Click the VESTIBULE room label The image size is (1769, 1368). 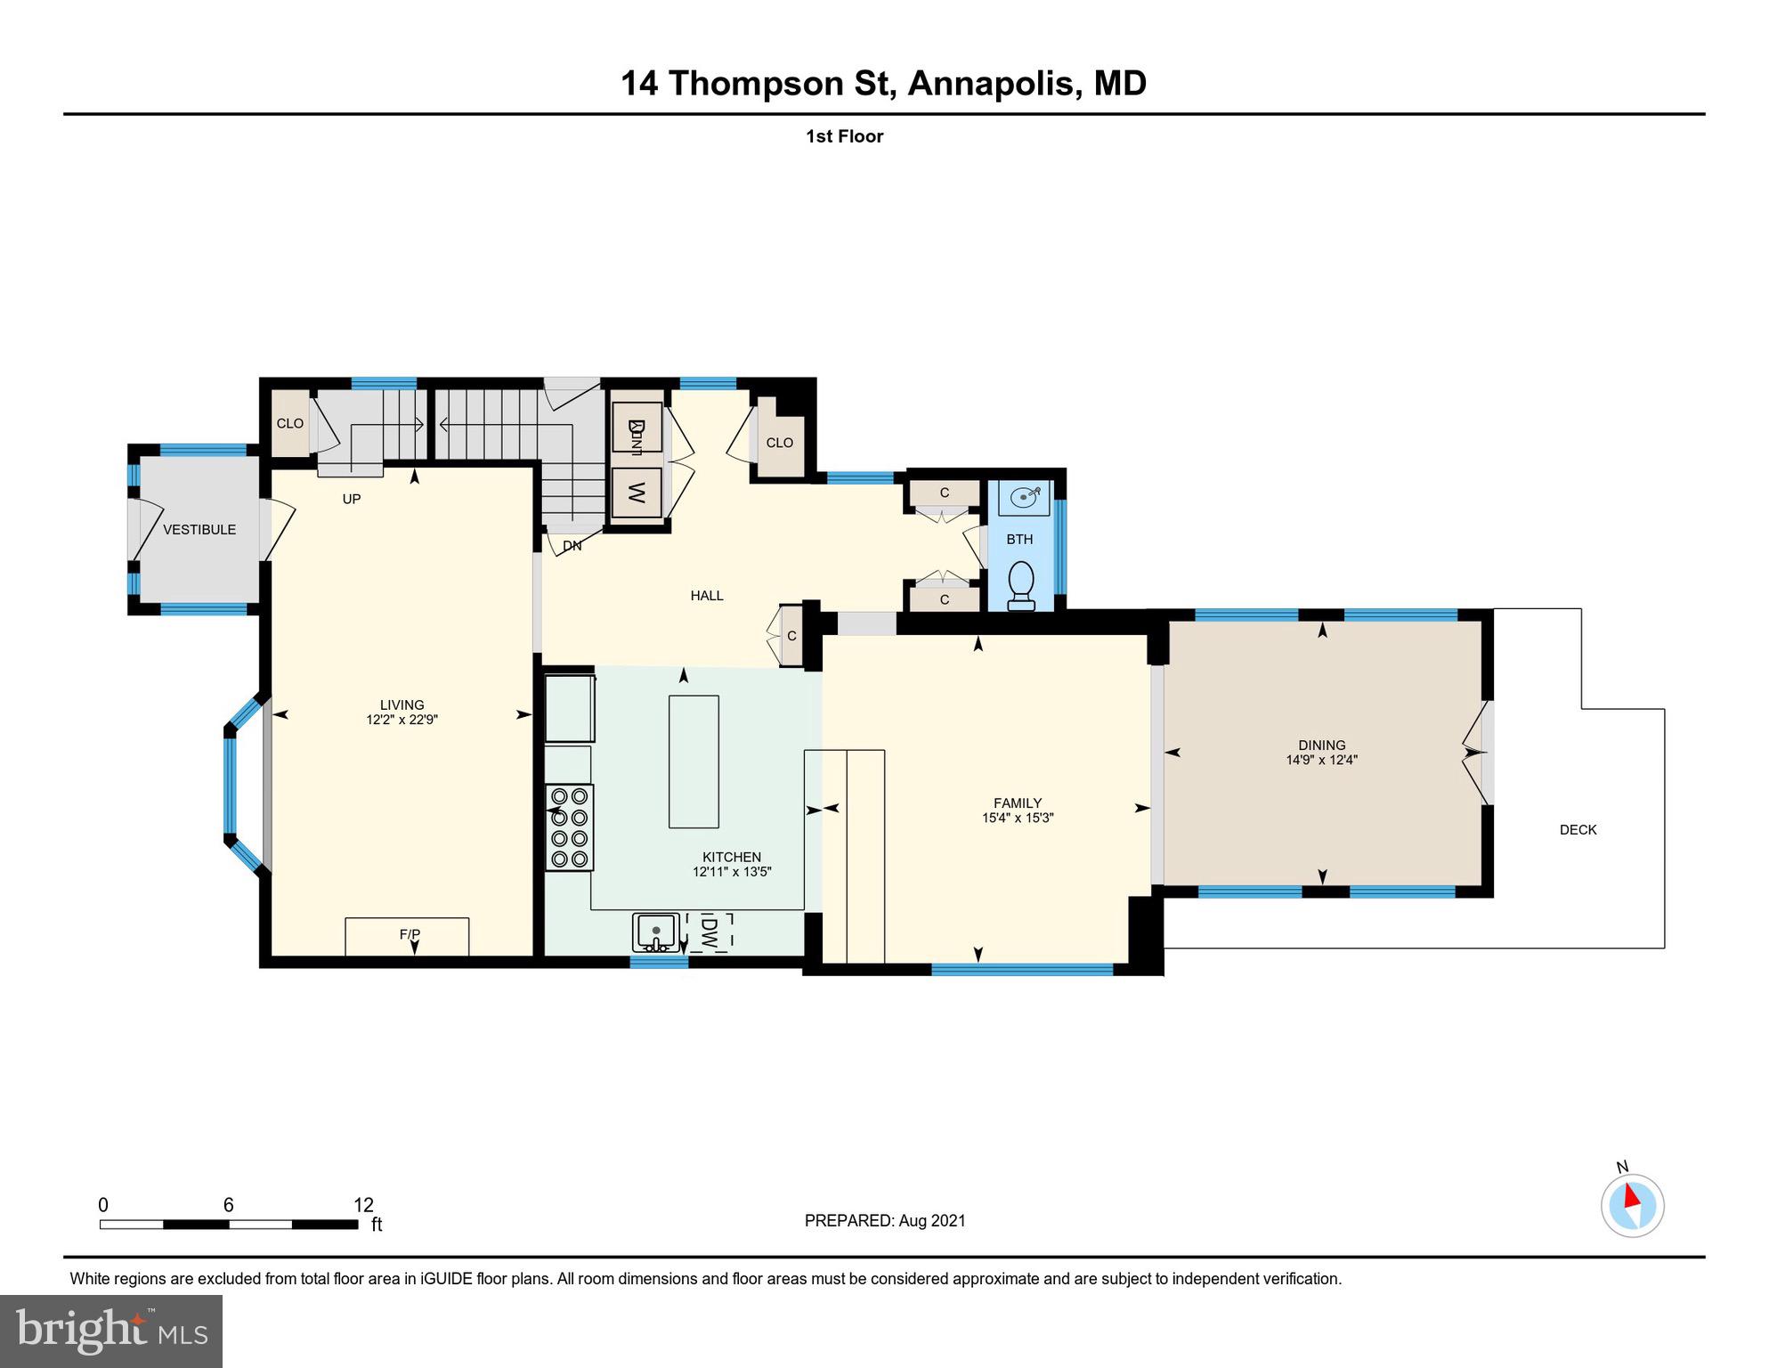[x=199, y=530]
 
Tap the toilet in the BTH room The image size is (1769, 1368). [x=1021, y=584]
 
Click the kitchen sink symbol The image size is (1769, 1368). [x=656, y=932]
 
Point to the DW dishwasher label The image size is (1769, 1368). [x=710, y=932]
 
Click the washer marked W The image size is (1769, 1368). [x=637, y=493]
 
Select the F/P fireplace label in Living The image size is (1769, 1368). [x=410, y=934]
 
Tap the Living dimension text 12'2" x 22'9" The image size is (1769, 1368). [x=402, y=721]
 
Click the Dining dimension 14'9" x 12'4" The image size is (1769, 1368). [x=1321, y=761]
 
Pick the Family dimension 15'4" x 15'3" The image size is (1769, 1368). [x=1018, y=818]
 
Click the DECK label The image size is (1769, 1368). [x=1578, y=830]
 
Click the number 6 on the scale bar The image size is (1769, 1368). [x=229, y=1205]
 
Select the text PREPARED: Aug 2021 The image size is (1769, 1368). [x=884, y=1221]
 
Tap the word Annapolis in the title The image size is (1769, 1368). [x=994, y=84]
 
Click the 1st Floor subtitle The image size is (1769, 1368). [x=844, y=136]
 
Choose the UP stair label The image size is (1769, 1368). [x=352, y=500]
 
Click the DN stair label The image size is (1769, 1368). [x=572, y=546]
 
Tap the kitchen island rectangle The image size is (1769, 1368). [x=694, y=761]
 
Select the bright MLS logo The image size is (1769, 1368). [x=111, y=1331]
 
